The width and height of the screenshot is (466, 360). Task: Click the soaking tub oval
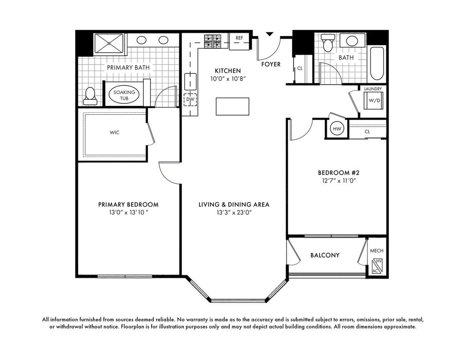tap(124, 95)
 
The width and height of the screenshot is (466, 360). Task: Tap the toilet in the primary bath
tap(90, 96)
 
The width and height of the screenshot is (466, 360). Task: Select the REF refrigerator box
tap(239, 41)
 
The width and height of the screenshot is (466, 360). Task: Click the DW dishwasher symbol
tap(190, 100)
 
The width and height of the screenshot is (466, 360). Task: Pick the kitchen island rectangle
tap(233, 106)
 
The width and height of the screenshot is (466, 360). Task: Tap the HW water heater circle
tap(337, 129)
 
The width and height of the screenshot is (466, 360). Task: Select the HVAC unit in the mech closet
tap(377, 266)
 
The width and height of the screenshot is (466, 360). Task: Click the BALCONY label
tap(325, 255)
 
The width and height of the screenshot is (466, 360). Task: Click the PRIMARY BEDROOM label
tap(128, 204)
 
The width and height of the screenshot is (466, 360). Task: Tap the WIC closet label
tap(114, 132)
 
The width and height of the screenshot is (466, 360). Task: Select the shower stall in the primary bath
tap(109, 44)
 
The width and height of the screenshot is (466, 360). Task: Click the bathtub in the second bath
tap(377, 63)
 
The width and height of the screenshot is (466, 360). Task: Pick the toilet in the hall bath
tap(328, 42)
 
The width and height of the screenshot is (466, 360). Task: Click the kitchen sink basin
tap(190, 81)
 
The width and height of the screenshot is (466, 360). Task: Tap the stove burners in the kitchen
tap(213, 41)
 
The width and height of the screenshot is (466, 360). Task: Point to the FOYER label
tap(271, 64)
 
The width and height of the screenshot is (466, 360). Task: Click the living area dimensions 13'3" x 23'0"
tap(234, 213)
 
